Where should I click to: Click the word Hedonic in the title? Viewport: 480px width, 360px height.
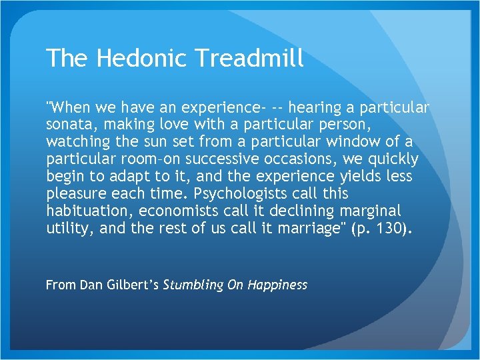138,59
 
